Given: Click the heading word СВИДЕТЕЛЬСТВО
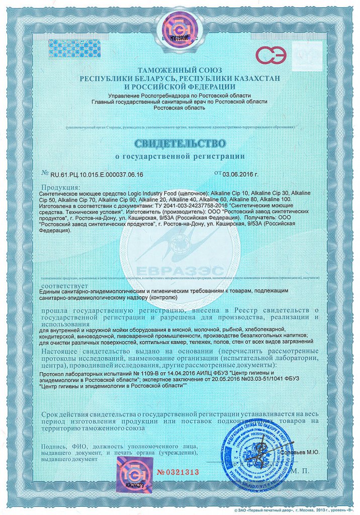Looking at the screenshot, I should tap(179, 140).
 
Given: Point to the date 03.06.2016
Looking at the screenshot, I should tap(240, 175).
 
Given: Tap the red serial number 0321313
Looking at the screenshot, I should tap(178, 472).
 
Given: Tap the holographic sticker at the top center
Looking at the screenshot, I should tap(179, 31).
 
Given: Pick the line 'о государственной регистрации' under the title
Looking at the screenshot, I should tap(179, 156).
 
